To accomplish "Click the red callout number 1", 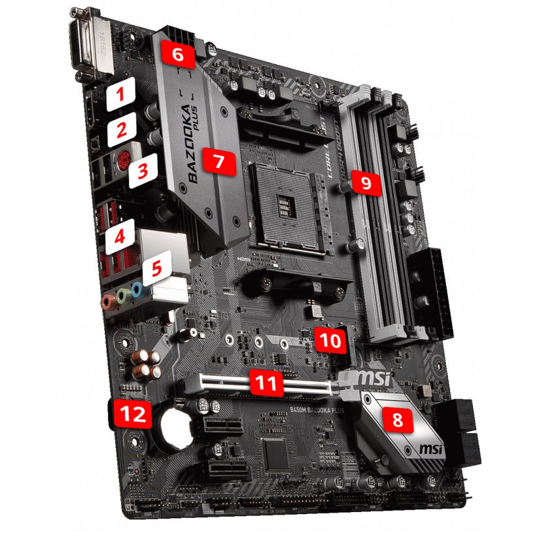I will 119,96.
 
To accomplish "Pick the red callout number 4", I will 120,236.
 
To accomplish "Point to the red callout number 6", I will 179,54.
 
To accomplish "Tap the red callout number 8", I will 397,419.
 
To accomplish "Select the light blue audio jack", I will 137,289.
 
